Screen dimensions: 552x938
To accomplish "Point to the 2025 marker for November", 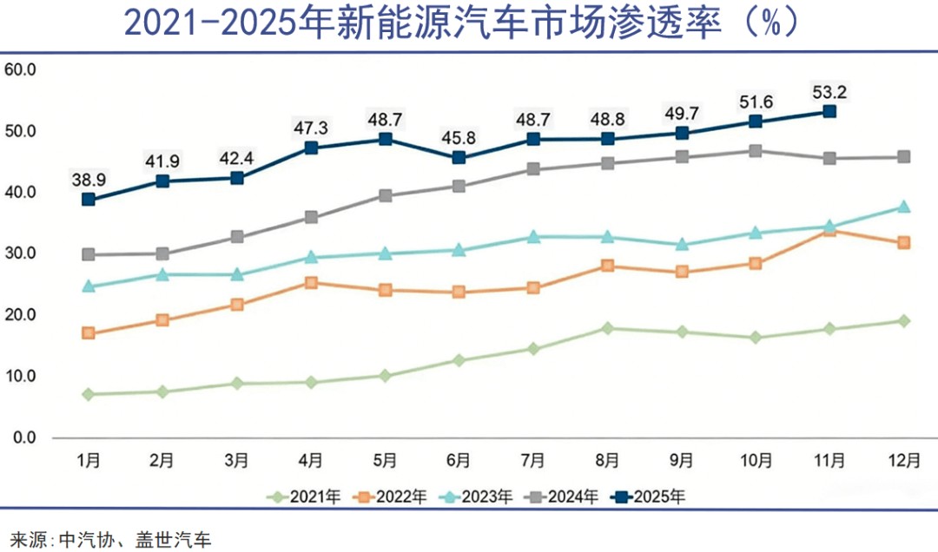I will point(829,111).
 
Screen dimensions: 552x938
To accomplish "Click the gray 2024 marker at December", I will point(903,157).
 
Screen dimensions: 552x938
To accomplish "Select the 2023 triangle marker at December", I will point(903,207).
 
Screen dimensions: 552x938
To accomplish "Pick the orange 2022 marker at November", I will point(829,230).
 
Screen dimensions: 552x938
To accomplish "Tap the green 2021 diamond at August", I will point(607,328).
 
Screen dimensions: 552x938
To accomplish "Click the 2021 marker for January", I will point(88,394).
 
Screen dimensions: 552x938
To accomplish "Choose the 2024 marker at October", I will point(755,151).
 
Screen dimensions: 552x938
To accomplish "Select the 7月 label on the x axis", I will point(532,459).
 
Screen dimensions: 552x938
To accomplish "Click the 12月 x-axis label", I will point(903,459).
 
